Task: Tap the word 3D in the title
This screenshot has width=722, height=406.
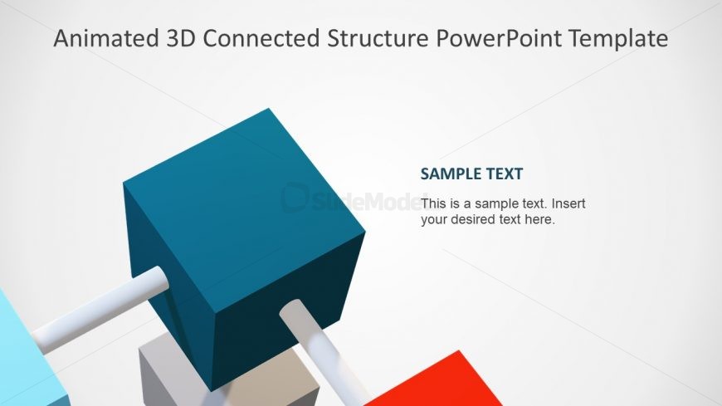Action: coord(178,38)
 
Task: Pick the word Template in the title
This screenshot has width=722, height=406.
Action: coord(627,38)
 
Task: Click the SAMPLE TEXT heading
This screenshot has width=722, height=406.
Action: coord(471,174)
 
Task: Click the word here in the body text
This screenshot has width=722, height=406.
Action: coord(540,220)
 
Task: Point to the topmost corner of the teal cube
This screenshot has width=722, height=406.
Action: coord(269,109)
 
